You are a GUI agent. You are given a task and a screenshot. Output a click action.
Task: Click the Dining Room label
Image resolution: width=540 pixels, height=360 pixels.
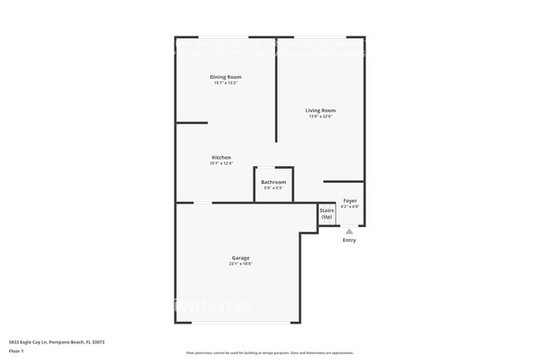click(x=225, y=77)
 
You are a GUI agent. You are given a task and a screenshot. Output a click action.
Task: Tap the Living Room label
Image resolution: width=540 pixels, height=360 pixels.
click(x=321, y=111)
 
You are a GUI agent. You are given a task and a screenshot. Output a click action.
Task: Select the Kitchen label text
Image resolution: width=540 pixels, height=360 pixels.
click(x=221, y=158)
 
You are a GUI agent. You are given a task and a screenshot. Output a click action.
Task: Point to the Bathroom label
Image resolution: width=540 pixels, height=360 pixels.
click(x=273, y=182)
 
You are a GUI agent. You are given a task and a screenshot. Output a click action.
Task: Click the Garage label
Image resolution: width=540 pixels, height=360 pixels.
click(x=241, y=258)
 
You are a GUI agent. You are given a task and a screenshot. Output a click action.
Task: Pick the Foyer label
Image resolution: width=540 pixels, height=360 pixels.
click(x=350, y=201)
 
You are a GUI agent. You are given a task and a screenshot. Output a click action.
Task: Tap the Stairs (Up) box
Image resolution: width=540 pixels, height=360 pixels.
click(x=326, y=214)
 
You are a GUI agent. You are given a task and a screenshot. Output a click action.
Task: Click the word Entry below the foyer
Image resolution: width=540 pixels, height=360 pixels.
click(x=349, y=240)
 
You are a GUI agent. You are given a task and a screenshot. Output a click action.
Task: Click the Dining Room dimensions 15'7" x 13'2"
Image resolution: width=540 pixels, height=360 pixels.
click(x=225, y=83)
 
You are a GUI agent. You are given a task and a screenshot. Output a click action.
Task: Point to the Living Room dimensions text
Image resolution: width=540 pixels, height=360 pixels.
click(x=321, y=116)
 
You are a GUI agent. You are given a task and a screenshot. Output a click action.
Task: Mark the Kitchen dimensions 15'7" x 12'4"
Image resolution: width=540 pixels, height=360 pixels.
click(x=221, y=164)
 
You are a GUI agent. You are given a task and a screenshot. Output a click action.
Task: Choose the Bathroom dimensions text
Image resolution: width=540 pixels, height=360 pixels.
click(x=273, y=188)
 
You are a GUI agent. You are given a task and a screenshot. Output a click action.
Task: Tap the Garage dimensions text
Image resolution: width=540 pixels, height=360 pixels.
click(x=241, y=264)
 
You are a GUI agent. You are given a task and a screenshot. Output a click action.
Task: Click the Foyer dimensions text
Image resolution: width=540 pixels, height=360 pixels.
click(x=350, y=207)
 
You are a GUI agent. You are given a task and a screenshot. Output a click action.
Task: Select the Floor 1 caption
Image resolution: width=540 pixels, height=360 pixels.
click(x=17, y=350)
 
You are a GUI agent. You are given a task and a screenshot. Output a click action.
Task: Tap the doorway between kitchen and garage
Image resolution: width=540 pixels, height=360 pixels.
click(x=203, y=203)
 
